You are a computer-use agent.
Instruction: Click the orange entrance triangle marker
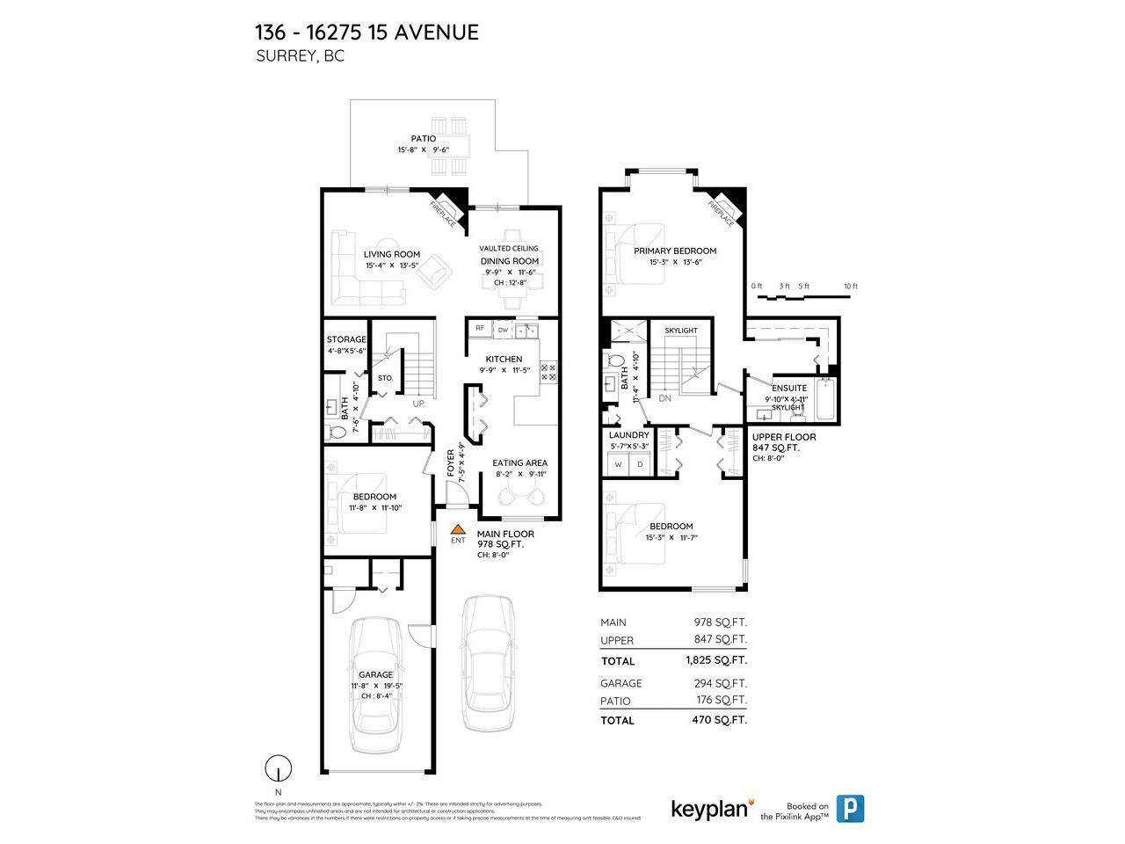(x=458, y=529)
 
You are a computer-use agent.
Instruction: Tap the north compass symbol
(x=278, y=768)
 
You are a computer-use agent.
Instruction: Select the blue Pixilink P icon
(x=849, y=808)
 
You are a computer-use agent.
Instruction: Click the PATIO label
(x=423, y=139)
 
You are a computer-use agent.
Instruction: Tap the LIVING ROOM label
(x=392, y=254)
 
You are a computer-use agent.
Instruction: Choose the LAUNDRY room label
(x=628, y=435)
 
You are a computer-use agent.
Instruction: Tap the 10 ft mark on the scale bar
(x=849, y=287)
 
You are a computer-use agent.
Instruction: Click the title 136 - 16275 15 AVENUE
(x=367, y=33)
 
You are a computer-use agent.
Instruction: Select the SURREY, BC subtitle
(x=300, y=56)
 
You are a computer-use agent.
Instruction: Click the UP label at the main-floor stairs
(x=419, y=404)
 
